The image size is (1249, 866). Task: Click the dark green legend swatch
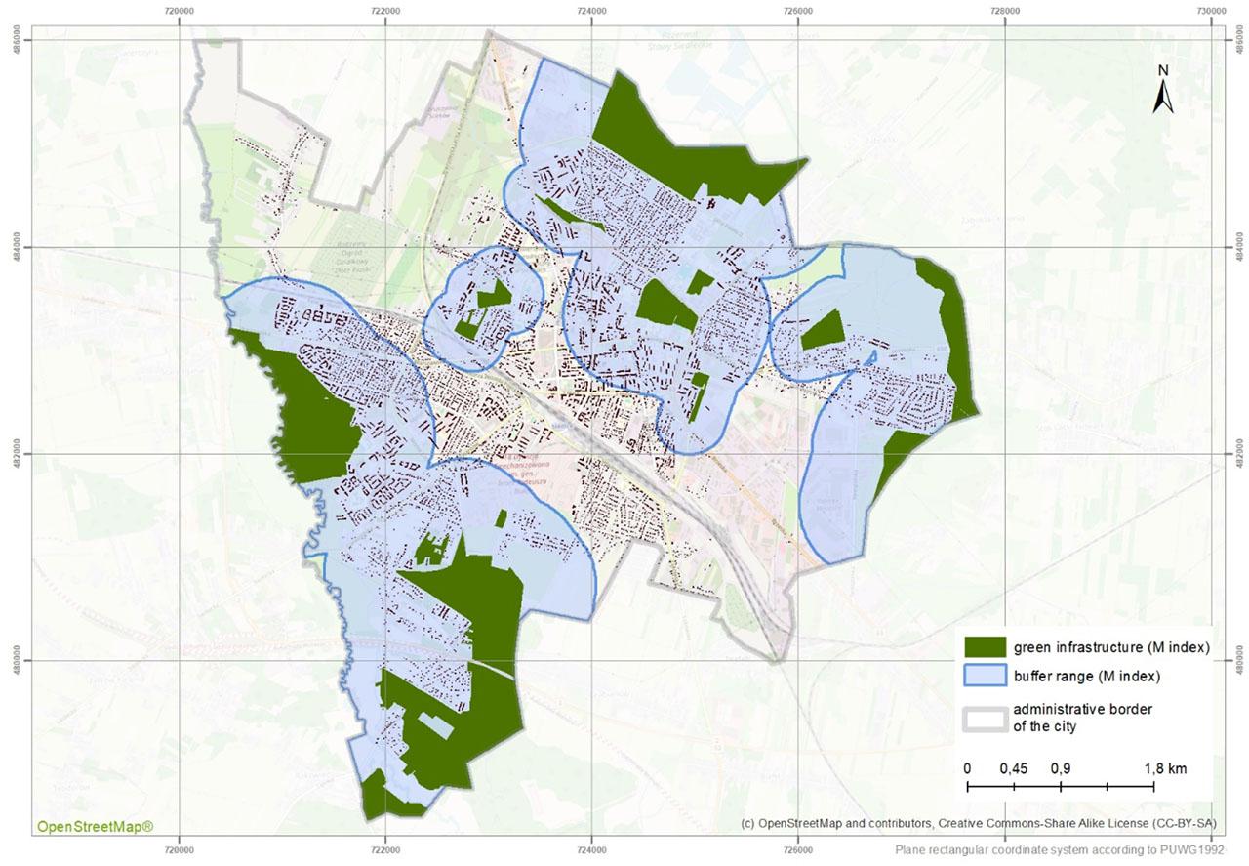(985, 647)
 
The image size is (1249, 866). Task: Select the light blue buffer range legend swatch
(985, 676)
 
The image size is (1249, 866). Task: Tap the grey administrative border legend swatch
(985, 717)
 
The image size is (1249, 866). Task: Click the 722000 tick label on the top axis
(385, 11)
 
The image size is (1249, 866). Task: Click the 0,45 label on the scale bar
(1014, 768)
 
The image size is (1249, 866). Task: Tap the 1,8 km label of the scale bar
(1166, 768)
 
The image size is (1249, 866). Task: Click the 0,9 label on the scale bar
(1060, 768)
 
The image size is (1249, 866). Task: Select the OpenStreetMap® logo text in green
(95, 827)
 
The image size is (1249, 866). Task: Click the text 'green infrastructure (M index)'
(1111, 647)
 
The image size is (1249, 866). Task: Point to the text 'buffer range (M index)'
(1086, 676)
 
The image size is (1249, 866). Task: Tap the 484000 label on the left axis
(20, 247)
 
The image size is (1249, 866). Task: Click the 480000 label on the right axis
(1238, 660)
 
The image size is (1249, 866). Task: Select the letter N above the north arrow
(1162, 71)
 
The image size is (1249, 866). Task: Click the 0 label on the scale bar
(967, 768)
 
